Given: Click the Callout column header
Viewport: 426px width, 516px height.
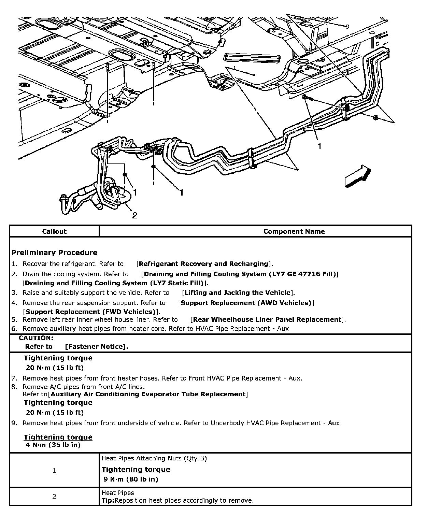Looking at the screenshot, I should click(x=54, y=231).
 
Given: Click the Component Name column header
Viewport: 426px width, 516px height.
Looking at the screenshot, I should click(x=294, y=231).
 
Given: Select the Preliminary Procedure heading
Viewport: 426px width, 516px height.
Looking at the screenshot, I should click(x=55, y=253).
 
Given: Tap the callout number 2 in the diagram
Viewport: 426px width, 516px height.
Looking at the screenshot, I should click(x=135, y=215).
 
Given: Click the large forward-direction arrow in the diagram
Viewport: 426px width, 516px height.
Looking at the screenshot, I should click(x=357, y=176).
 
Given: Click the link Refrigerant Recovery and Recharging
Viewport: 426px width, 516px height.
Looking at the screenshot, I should click(x=204, y=264).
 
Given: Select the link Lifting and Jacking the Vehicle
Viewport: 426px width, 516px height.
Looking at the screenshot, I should click(x=237, y=292).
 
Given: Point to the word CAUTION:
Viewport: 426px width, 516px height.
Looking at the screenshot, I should click(x=36, y=338).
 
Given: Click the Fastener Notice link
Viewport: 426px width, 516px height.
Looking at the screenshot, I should click(x=96, y=347).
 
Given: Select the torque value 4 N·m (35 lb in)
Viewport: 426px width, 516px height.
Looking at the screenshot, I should click(x=53, y=445).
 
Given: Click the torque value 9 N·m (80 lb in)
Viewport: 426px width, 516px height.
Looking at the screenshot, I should click(x=131, y=479).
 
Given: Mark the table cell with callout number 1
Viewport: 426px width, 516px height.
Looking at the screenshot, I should click(x=54, y=470).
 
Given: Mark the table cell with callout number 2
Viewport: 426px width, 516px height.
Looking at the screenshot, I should click(x=54, y=497).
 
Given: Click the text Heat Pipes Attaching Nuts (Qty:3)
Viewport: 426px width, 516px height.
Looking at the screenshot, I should click(x=154, y=458).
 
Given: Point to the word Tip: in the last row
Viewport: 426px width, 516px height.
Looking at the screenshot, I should click(x=108, y=501).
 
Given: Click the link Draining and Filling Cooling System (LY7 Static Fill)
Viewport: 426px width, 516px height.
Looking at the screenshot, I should click(x=115, y=283).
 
